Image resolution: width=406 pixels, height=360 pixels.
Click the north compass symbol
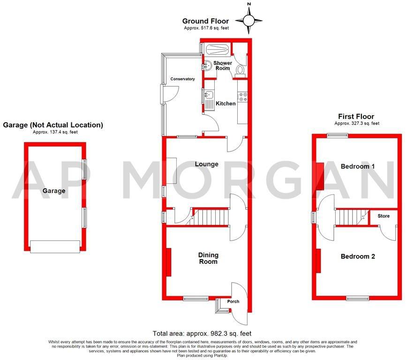pos(249,20)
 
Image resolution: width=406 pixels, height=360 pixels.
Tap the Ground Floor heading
pos(205,21)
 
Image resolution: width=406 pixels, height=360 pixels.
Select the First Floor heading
pos(356,116)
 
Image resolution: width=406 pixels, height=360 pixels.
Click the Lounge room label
pos(206,164)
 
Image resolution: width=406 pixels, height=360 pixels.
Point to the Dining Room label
pos(208,258)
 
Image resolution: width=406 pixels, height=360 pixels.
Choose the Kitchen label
pos(226,103)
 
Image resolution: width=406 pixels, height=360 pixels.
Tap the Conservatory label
pos(182,79)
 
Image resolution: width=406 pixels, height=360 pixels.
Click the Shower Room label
pos(223,66)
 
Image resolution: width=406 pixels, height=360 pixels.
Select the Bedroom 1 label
pos(358,166)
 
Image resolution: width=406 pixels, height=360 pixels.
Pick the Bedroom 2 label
pos(358,256)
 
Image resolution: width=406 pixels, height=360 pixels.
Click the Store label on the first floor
pos(384,216)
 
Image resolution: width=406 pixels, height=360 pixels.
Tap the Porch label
pos(233,301)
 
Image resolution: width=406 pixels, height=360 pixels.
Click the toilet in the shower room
pos(241,70)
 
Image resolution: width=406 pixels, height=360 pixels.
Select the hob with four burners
pos(243,97)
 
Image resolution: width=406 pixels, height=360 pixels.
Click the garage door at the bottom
pos(55,247)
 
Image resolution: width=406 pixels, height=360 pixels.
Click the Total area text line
pos(203,333)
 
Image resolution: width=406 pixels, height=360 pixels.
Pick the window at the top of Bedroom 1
pos(338,135)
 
